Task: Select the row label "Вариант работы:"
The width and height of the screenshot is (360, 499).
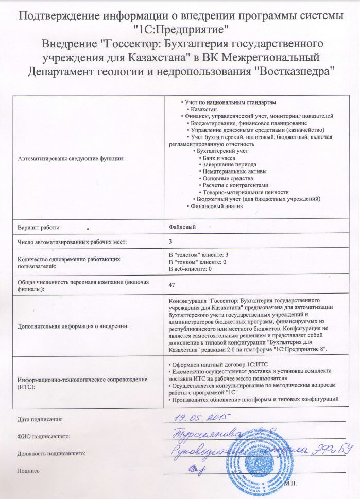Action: (39, 227)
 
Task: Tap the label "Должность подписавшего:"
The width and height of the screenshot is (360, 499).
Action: (51, 453)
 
